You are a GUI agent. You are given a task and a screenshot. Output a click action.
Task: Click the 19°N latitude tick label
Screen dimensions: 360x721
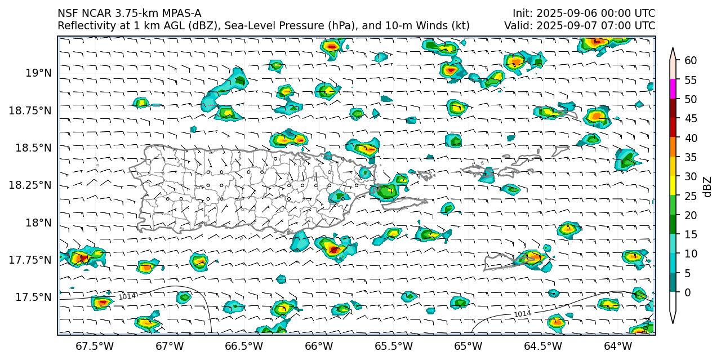point(38,73)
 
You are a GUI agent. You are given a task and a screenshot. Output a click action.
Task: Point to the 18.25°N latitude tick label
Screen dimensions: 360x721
point(30,185)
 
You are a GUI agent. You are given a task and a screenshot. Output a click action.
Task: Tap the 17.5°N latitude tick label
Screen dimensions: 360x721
point(35,297)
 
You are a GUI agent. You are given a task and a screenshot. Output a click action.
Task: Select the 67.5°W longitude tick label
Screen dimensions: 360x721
point(90,345)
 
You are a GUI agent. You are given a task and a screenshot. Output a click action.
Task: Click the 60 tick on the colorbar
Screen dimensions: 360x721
point(691,61)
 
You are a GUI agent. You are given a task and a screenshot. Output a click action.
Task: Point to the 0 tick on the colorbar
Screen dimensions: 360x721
point(688,292)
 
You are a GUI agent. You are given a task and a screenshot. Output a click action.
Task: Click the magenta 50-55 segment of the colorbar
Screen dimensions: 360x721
point(673,90)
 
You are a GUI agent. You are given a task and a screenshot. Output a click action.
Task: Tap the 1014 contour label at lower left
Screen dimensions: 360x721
point(126,296)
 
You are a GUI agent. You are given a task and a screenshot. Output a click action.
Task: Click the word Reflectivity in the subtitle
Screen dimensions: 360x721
point(85,26)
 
